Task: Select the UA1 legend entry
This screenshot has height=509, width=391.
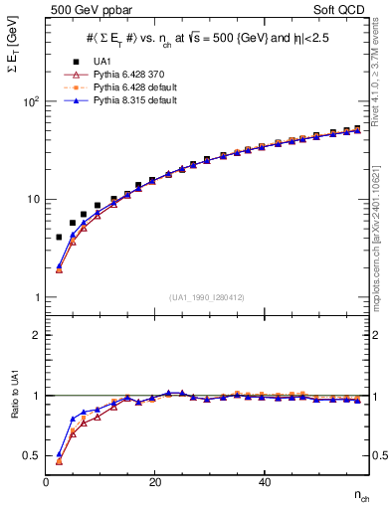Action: tap(94, 62)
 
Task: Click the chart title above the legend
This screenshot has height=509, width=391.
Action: tap(205, 38)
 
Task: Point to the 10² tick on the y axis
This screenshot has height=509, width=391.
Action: tap(31, 101)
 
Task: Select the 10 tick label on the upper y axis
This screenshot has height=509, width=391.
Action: tap(33, 199)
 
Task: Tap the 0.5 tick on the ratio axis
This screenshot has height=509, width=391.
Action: tap(32, 455)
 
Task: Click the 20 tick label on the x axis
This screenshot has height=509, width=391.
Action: tap(154, 482)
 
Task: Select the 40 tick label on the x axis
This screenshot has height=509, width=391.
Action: tap(263, 482)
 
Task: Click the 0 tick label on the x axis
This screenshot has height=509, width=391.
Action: tap(46, 482)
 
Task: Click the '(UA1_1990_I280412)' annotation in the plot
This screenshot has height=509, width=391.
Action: tap(206, 297)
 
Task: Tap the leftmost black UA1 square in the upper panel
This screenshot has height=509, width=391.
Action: tap(59, 238)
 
